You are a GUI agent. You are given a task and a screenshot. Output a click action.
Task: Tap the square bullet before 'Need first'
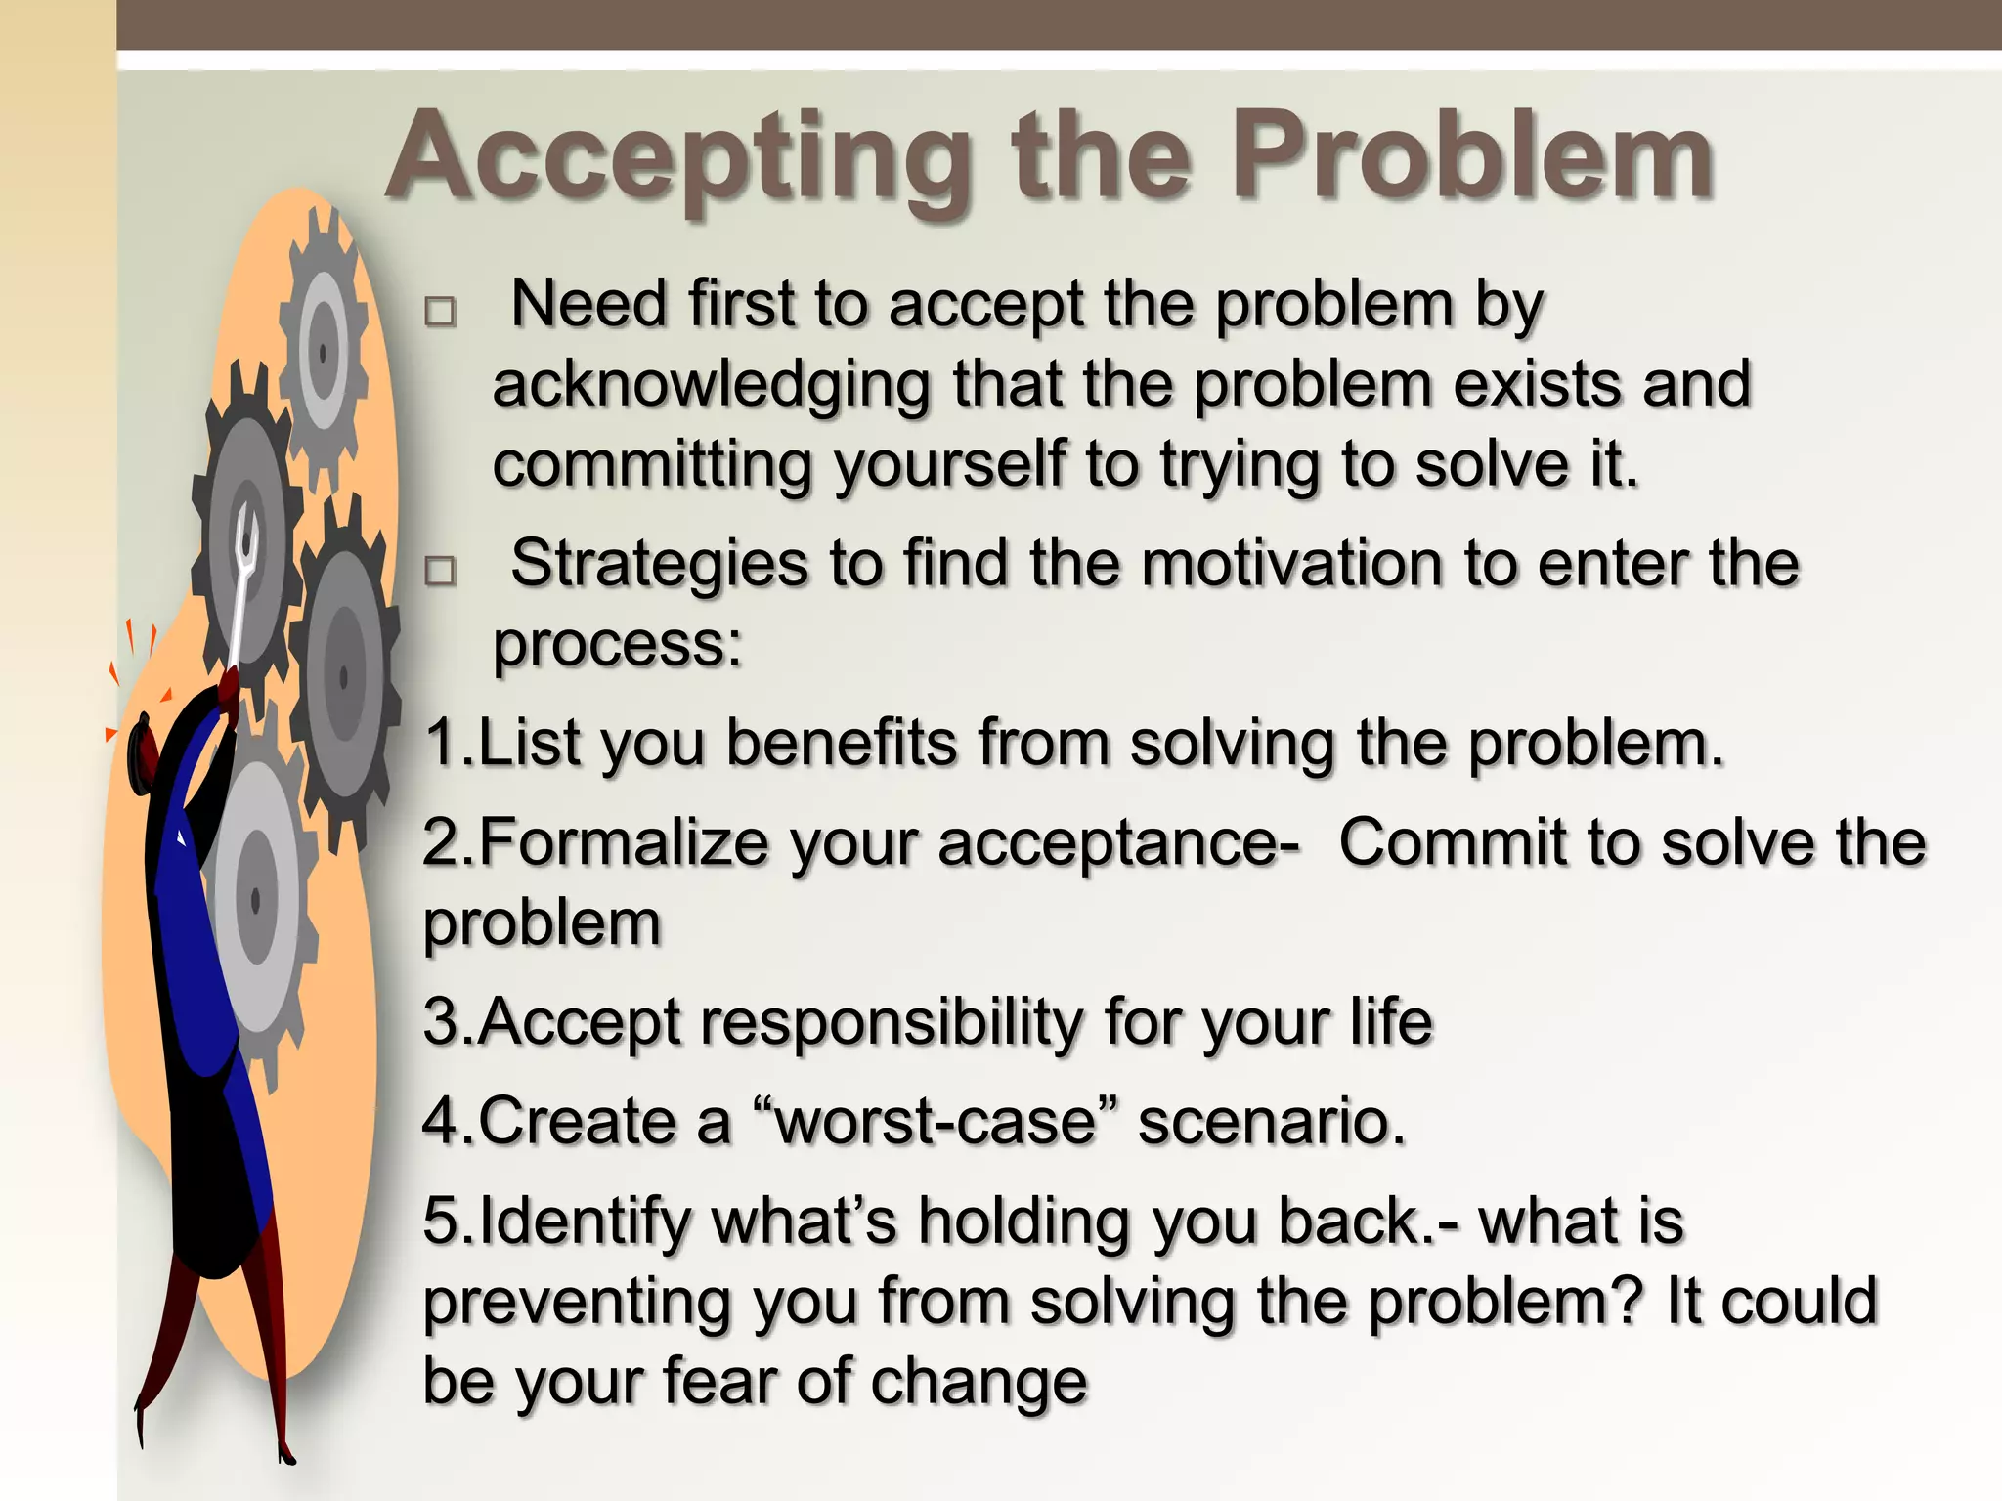(x=440, y=312)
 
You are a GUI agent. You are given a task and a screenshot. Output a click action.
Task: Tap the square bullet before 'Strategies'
(x=440, y=570)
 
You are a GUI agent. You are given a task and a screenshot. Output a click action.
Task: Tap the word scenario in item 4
(x=1271, y=1121)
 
